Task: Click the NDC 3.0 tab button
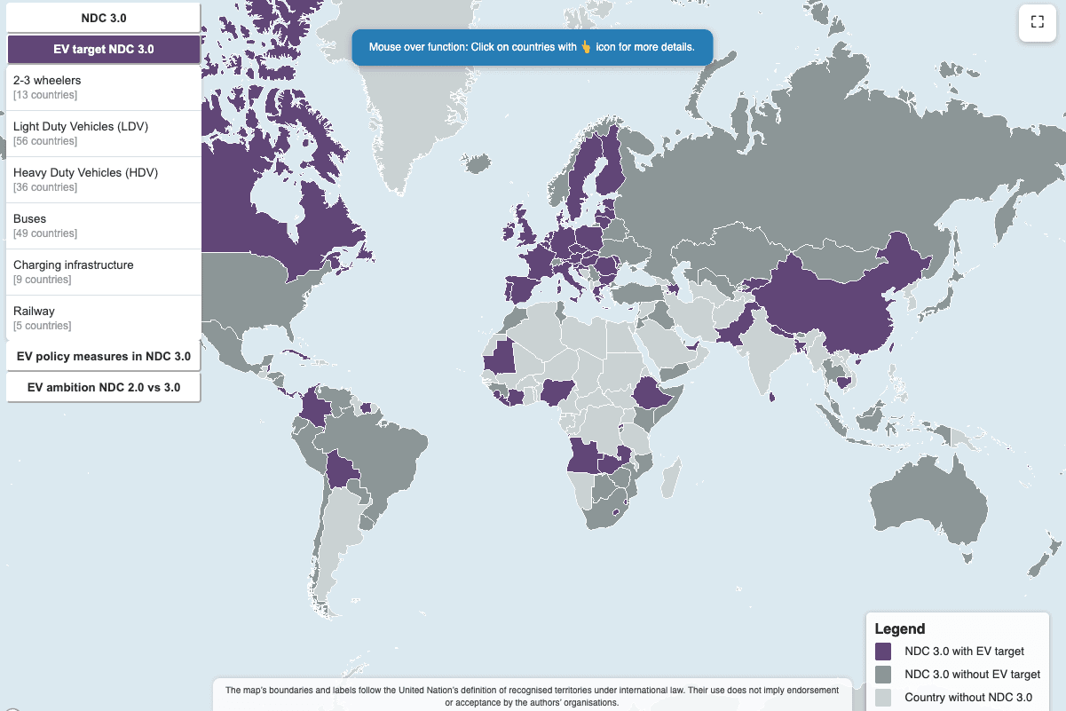(103, 17)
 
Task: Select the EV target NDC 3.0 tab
(103, 49)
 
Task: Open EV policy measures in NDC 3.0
(103, 356)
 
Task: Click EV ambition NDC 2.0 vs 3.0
(103, 388)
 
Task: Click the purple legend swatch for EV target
(882, 651)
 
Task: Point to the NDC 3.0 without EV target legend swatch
(882, 674)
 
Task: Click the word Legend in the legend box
(899, 628)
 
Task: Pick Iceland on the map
(478, 163)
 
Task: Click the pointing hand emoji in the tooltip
(586, 46)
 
